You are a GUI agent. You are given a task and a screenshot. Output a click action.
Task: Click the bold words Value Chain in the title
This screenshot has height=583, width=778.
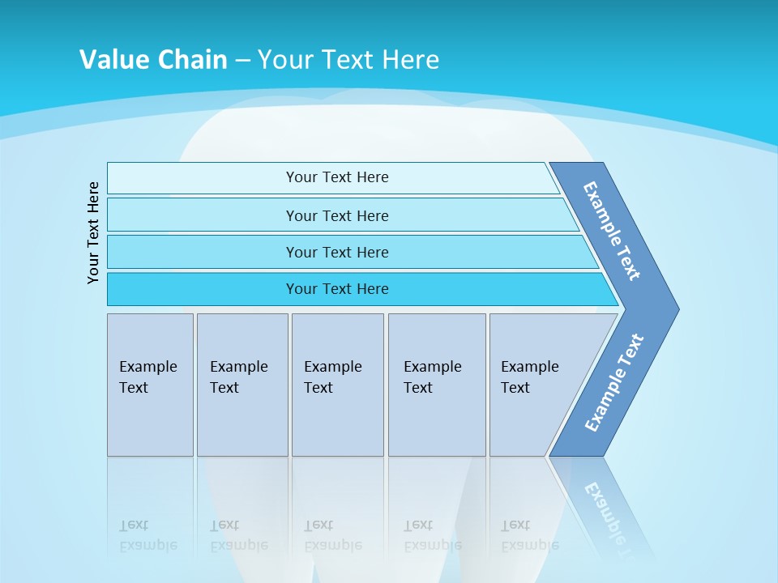point(153,60)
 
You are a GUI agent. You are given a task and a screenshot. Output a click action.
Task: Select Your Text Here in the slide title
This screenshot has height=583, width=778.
point(348,60)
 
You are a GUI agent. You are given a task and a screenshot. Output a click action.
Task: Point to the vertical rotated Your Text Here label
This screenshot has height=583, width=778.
point(93,232)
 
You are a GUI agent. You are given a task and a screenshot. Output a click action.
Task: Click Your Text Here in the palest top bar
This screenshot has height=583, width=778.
point(337,177)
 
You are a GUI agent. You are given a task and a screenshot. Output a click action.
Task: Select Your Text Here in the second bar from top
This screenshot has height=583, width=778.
point(337,215)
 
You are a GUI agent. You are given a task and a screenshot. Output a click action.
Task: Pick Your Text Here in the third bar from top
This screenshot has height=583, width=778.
point(337,252)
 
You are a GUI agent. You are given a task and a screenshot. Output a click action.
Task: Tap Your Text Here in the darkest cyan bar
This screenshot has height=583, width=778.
point(337,289)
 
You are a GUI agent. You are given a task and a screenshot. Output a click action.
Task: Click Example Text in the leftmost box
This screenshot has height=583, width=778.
point(147,377)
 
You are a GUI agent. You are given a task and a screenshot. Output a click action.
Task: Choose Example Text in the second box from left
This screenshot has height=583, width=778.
point(238,377)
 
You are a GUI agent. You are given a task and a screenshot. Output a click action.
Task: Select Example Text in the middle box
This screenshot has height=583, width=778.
point(332,377)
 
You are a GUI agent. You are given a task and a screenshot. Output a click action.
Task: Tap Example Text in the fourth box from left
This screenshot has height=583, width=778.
point(432,377)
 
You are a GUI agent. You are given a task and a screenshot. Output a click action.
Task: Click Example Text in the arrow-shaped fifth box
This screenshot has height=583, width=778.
point(529,377)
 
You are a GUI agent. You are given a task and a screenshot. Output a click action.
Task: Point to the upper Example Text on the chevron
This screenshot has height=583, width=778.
point(612,231)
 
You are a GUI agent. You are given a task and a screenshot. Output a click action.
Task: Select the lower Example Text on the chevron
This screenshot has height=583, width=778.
point(614,383)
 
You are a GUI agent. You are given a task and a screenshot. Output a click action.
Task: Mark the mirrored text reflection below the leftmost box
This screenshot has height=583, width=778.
point(147,535)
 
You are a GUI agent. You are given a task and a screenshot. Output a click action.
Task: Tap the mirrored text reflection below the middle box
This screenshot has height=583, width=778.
point(332,535)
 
